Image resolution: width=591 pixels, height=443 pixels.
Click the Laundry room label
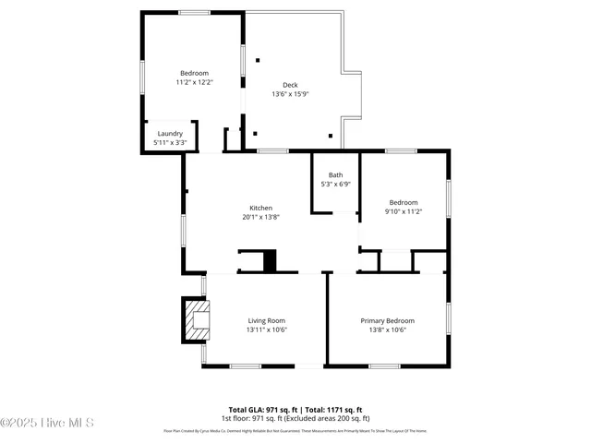coord(170,134)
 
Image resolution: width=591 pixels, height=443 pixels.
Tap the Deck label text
coord(290,85)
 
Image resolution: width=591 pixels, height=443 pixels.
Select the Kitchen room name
coord(260,208)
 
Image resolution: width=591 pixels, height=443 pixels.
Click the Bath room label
coord(335,174)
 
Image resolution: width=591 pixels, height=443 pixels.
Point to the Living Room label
coord(266,320)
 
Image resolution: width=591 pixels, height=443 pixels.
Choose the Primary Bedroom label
coord(387,320)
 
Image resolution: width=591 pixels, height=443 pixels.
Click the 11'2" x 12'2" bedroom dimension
coord(194,82)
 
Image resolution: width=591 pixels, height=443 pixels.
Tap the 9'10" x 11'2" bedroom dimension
coord(403,211)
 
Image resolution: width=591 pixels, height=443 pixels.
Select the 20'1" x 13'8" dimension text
coord(260,217)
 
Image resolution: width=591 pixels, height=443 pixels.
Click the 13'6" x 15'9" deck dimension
coord(290,94)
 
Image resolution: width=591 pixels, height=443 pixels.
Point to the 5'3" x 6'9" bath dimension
coord(335,184)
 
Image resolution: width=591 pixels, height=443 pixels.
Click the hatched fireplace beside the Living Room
coord(195,319)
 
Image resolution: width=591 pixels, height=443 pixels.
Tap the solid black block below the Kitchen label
coord(270,261)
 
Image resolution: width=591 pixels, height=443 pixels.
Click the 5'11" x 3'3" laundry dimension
coord(170,143)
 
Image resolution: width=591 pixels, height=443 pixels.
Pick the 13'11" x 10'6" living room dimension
coord(266,329)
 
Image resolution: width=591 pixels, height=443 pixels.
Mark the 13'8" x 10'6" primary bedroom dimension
coord(387,329)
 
